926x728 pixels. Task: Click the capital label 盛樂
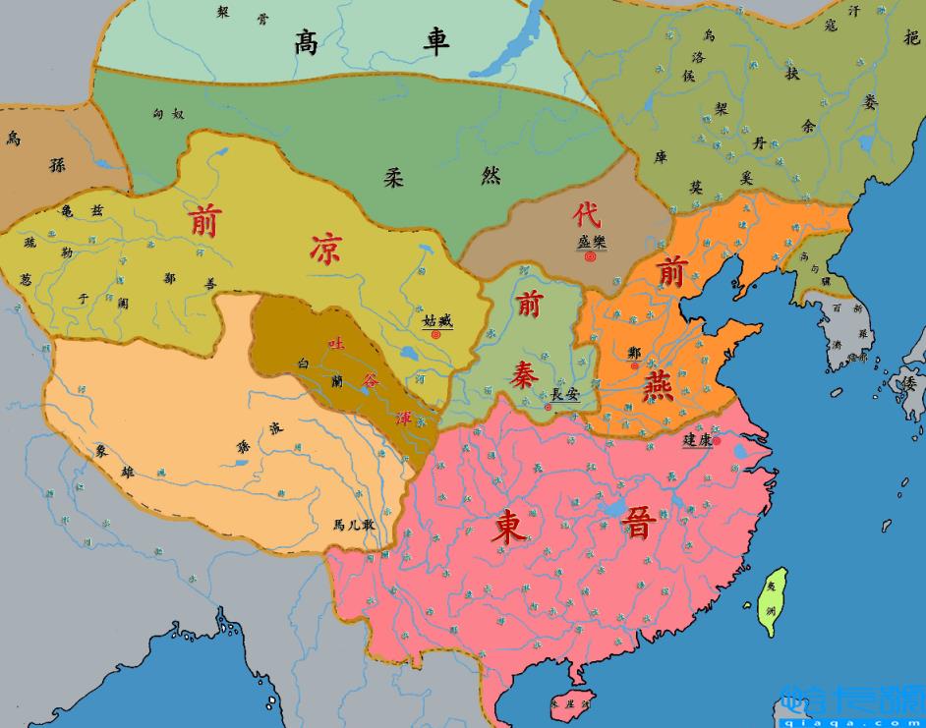click(591, 241)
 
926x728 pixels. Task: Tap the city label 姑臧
click(437, 319)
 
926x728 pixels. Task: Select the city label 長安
click(564, 394)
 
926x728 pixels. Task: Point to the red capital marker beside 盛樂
click(590, 257)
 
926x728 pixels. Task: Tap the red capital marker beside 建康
click(718, 441)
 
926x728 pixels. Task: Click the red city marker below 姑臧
click(435, 334)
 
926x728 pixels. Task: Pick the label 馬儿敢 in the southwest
click(353, 525)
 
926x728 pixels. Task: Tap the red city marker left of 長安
click(548, 406)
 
